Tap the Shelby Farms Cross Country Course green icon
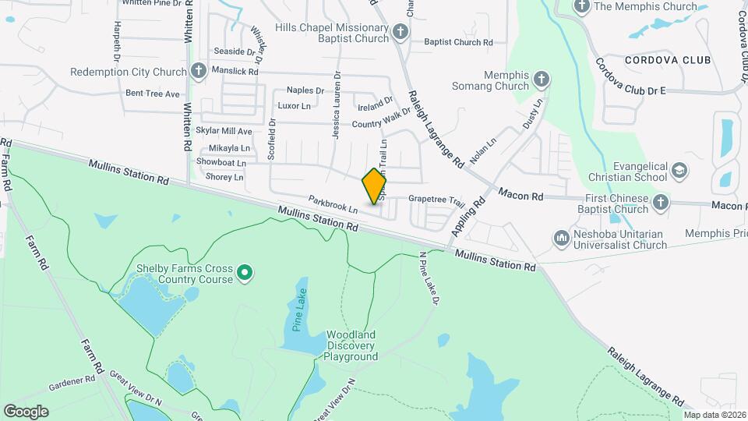pos(245,272)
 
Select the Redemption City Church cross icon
pos(199,72)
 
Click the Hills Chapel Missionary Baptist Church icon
pos(400,32)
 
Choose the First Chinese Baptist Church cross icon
pos(661,203)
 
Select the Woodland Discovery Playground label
pos(351,345)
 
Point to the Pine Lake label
pos(300,310)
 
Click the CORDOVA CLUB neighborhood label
pos(668,60)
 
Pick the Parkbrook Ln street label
pos(332,204)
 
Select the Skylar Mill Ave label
pos(224,131)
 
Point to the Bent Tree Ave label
pos(153,94)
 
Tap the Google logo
pos(26,411)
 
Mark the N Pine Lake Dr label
pos(430,278)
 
